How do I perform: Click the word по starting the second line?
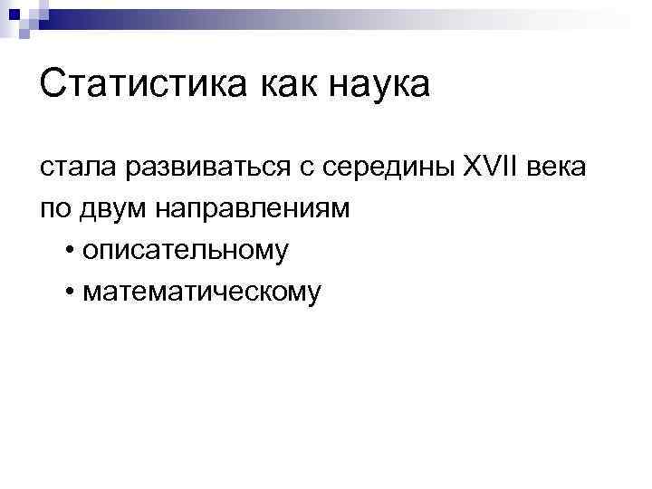coord(54,208)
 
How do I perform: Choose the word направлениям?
coord(254,210)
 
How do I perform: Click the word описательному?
coord(184,250)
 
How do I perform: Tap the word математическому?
coord(200,292)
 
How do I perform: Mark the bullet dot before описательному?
coord(71,250)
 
